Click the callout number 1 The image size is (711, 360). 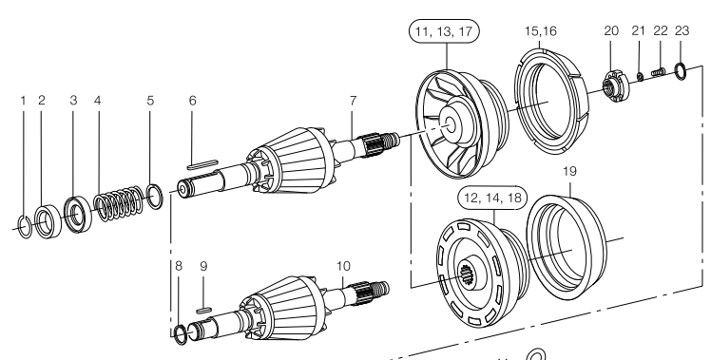click(23, 100)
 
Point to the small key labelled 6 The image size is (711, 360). click(202, 164)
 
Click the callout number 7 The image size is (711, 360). click(354, 100)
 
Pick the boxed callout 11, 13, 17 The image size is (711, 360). click(444, 31)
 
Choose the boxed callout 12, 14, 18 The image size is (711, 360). click(492, 199)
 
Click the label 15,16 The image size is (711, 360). click(541, 30)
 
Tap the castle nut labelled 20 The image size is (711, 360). click(615, 86)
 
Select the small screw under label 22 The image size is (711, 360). click(658, 71)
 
